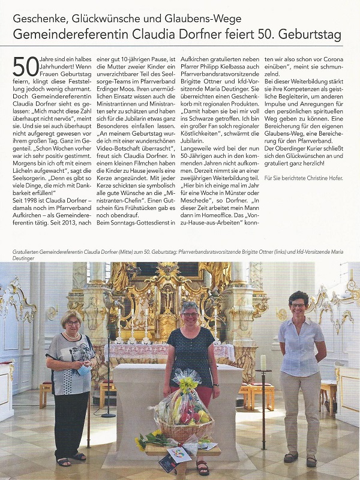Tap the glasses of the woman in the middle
click(x=190, y=314)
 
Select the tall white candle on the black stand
click(x=263, y=362)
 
